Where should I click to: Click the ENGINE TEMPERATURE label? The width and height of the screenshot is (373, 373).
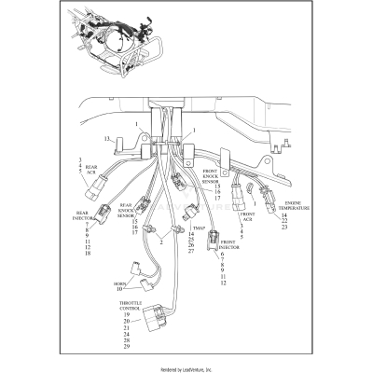click(x=294, y=204)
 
